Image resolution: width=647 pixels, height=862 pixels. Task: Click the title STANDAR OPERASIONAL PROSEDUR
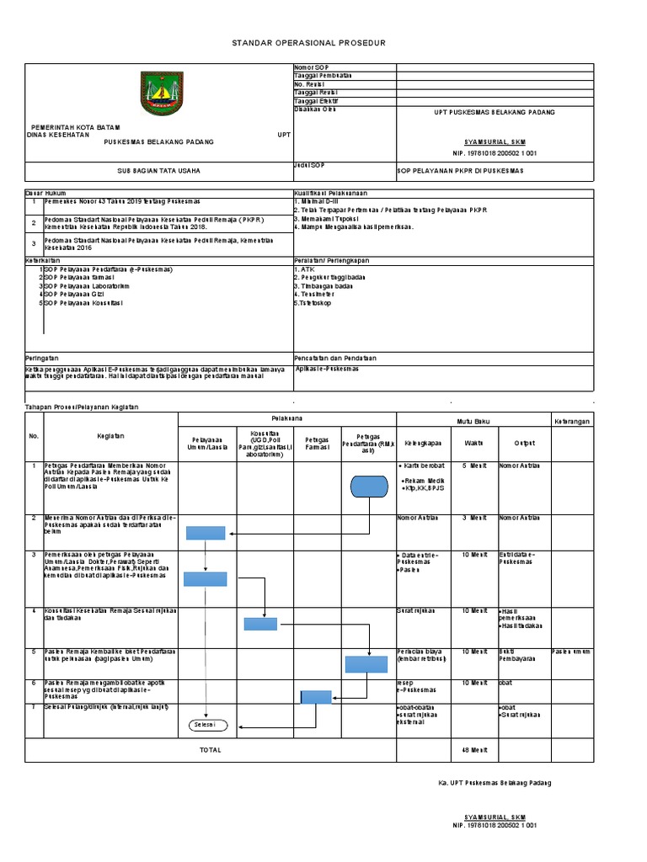tap(309, 43)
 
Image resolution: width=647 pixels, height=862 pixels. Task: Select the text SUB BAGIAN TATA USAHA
tap(158, 170)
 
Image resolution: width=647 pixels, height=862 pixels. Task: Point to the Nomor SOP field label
tap(311, 67)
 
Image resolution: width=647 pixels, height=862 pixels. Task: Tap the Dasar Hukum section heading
tap(46, 193)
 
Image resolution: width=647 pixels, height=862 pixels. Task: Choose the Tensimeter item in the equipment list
tap(314, 294)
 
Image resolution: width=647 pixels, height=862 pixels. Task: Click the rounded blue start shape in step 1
tap(367, 487)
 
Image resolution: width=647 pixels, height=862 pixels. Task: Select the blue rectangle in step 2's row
tap(205, 532)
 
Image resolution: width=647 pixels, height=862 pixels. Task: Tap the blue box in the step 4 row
tap(260, 624)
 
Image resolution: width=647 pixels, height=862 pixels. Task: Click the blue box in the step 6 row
tap(316, 696)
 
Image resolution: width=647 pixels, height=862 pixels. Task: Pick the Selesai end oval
tap(205, 724)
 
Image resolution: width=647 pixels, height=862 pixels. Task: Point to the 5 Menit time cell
tap(473, 465)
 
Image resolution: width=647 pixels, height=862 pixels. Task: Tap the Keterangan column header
tap(573, 419)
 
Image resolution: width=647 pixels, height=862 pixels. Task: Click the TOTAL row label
tap(210, 749)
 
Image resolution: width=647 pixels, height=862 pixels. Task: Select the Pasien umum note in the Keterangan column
tap(571, 652)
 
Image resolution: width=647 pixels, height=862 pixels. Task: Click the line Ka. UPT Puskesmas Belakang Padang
tap(495, 783)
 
